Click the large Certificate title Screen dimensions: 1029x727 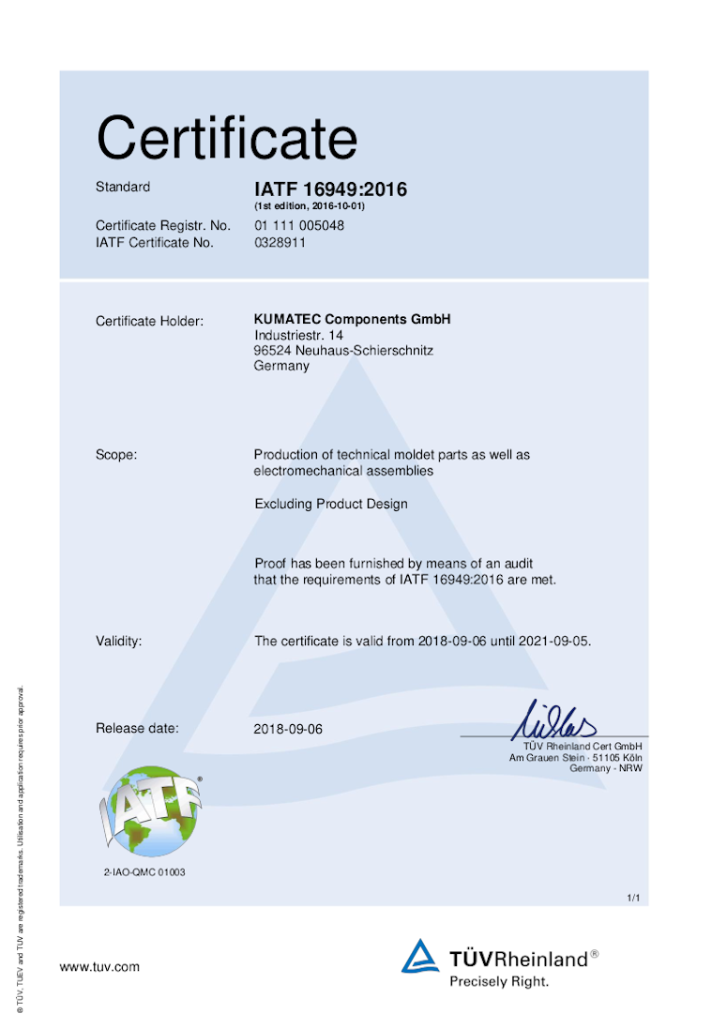coord(226,139)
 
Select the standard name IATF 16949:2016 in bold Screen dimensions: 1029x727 coord(330,189)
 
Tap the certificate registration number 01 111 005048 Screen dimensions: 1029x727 coord(299,226)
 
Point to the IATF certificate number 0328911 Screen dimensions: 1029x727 coord(280,242)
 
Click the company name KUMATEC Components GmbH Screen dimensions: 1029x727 coord(352,320)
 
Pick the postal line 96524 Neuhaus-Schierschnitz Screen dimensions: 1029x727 coord(343,350)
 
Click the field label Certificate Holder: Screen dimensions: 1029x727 coord(149,322)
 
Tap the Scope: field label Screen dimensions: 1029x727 coord(116,455)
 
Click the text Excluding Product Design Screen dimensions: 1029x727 coord(331,504)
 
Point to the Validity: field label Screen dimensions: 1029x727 coord(119,642)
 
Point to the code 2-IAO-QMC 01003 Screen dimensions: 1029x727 coord(144,872)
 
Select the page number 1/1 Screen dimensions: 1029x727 coord(633,899)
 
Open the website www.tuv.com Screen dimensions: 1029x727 coord(99,966)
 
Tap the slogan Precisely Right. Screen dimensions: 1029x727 coord(499,981)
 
